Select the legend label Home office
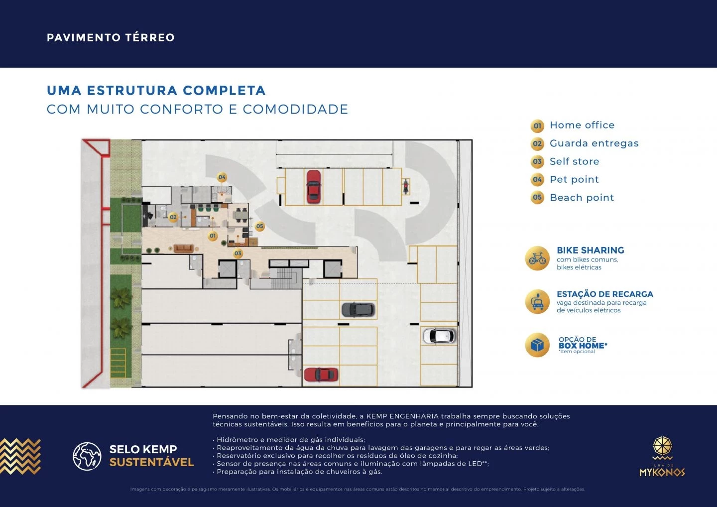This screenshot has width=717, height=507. tap(582, 125)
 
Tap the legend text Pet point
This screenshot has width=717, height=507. tap(574, 179)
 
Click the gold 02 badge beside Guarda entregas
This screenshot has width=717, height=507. tap(537, 143)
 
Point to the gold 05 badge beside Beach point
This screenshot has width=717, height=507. tap(537, 198)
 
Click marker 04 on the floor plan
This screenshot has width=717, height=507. tap(222, 177)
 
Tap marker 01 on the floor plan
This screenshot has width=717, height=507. tap(213, 236)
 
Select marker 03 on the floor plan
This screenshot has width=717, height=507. tap(238, 253)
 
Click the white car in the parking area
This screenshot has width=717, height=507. tap(439, 336)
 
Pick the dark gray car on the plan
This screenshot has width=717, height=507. tap(358, 310)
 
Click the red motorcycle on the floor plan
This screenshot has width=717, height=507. tap(406, 186)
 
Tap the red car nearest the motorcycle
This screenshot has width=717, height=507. tap(313, 186)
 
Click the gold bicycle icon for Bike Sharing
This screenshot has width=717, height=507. tap(537, 258)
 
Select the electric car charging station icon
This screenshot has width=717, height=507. tap(537, 302)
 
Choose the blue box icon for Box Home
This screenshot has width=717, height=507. tap(537, 345)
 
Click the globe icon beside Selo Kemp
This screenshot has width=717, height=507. tap(87, 456)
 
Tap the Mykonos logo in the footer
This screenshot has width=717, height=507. tap(662, 457)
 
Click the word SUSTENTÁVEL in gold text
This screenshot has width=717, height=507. tap(151, 462)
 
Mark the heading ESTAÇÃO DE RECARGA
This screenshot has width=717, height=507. tap(604, 294)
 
